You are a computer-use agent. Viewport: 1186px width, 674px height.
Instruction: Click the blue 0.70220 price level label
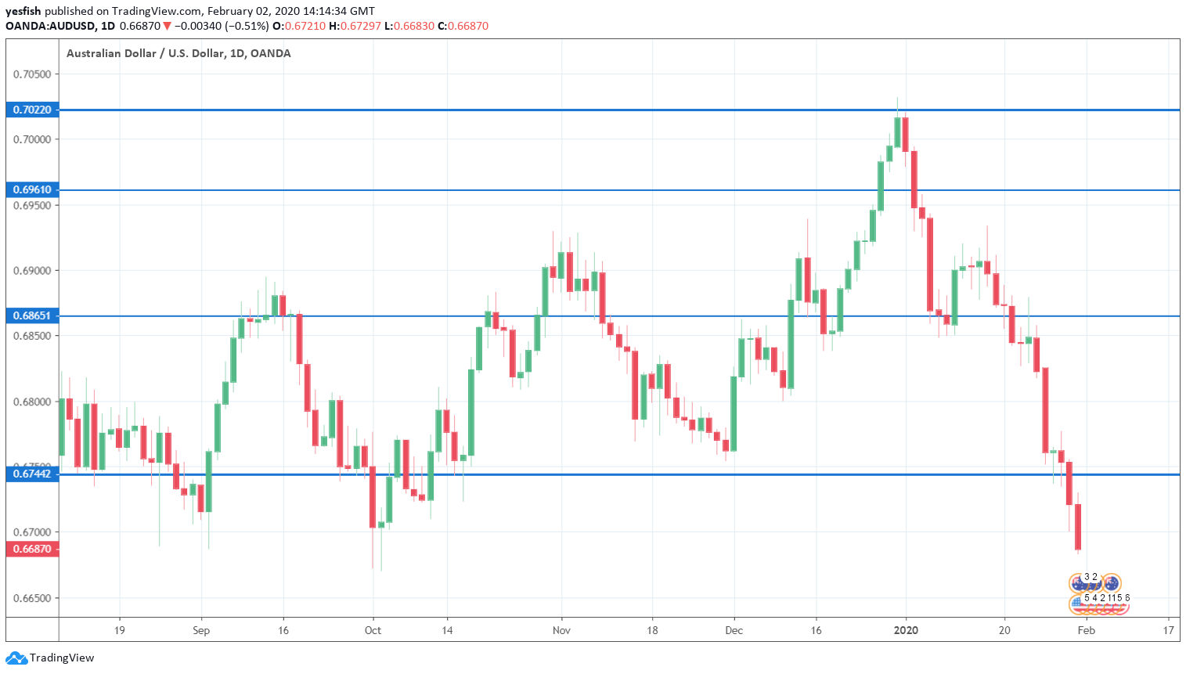point(32,110)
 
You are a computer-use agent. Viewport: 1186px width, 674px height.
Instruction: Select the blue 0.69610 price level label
point(32,189)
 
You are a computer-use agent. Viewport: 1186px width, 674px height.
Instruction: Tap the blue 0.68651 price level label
point(32,315)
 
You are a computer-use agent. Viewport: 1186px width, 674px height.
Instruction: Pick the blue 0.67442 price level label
point(32,474)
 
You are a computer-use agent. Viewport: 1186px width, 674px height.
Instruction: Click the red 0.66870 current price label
point(32,549)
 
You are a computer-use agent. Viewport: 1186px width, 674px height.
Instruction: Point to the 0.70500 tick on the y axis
point(32,74)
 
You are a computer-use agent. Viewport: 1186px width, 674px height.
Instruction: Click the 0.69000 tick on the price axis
point(32,271)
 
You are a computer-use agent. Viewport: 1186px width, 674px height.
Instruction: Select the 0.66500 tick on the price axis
point(32,598)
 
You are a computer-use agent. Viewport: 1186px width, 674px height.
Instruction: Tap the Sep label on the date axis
point(201,630)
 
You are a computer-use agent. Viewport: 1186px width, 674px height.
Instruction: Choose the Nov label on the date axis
point(561,630)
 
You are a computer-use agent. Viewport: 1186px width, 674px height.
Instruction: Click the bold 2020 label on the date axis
point(906,630)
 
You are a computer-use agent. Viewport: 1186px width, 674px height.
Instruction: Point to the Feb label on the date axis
point(1087,630)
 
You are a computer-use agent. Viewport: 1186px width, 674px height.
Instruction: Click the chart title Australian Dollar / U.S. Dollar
point(145,53)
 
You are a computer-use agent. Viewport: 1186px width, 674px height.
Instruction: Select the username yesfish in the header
point(23,11)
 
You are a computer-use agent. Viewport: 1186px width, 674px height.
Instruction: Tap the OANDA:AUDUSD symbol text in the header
point(50,26)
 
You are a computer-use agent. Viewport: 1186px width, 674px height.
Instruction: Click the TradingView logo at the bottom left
point(50,658)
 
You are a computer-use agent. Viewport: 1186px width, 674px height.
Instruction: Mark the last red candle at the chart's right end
point(1078,527)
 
